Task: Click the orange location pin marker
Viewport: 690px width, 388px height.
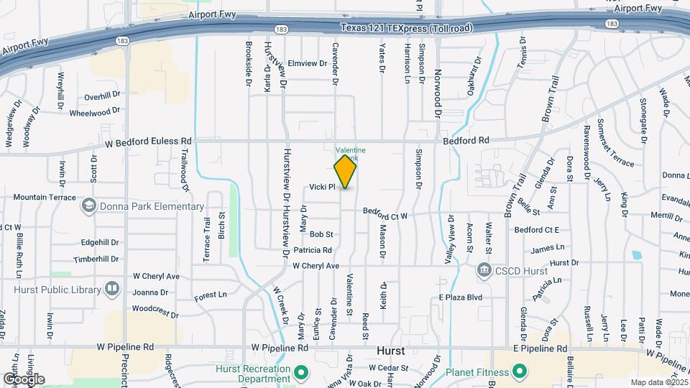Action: [345, 171]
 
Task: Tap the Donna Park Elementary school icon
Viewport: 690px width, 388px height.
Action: [88, 206]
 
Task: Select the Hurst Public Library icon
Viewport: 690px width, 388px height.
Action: [111, 289]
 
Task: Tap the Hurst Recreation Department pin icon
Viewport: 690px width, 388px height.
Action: [301, 372]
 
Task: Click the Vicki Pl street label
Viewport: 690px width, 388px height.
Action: [322, 187]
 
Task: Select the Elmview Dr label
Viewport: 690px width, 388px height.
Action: [307, 63]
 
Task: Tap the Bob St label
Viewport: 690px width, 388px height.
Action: [321, 234]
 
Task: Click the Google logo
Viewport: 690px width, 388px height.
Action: [23, 379]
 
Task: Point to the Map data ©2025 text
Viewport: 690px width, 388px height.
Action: [658, 382]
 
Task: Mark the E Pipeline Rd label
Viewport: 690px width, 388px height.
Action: [540, 348]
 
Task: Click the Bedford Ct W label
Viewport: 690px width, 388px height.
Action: [385, 213]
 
